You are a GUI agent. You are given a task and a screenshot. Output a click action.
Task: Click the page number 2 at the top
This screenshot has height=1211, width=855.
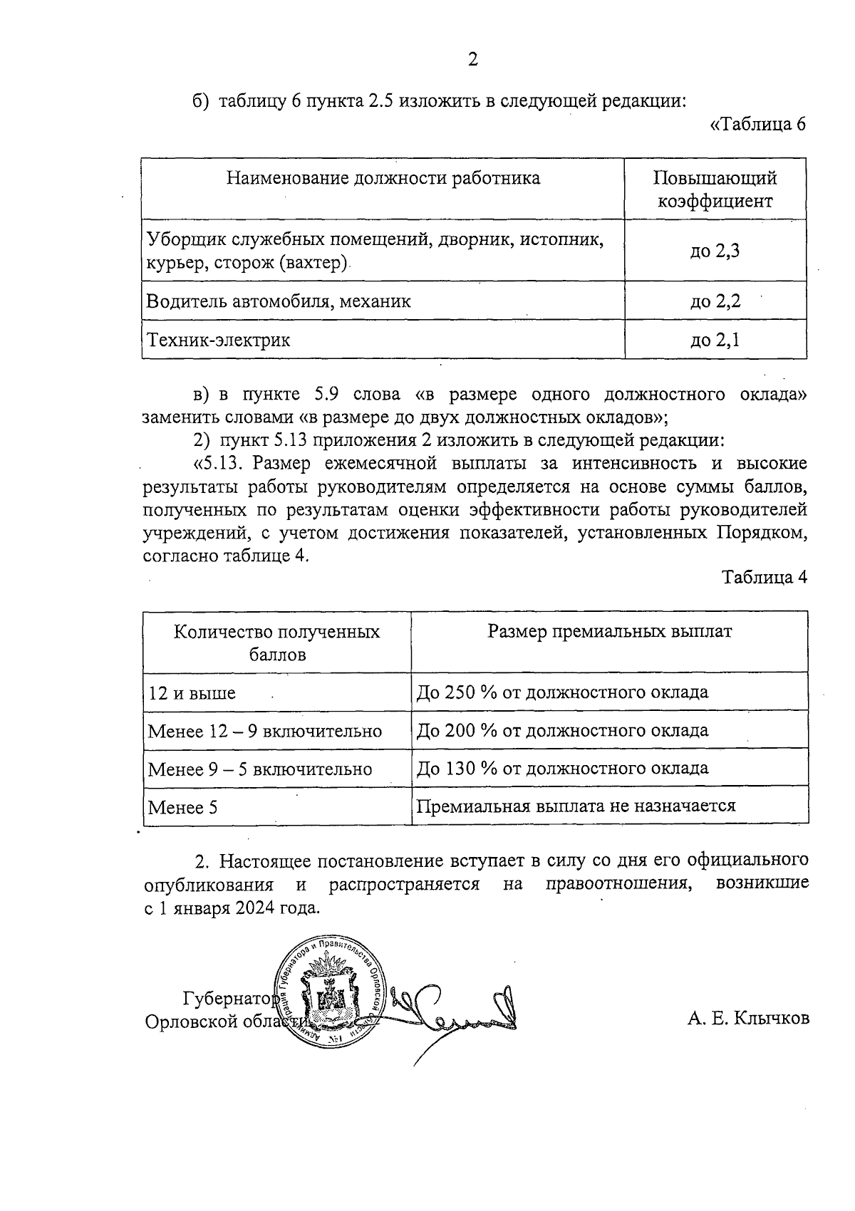coord(472,60)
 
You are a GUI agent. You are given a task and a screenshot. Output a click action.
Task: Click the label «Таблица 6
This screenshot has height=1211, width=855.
coord(758,125)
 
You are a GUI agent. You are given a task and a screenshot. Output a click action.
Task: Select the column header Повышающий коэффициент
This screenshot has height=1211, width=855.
coord(715,189)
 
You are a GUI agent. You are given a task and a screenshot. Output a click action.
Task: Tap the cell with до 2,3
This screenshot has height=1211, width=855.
coord(715,251)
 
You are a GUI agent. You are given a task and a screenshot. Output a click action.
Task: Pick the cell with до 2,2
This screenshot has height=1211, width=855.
coord(715,301)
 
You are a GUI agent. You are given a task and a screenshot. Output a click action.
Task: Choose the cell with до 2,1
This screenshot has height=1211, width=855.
coord(715,340)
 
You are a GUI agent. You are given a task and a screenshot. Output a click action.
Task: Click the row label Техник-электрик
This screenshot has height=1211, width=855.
coord(218,340)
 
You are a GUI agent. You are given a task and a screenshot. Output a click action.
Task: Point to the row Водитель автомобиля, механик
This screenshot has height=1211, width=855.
coord(279,301)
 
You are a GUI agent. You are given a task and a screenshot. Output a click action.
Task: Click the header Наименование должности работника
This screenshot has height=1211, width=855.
coord(383,178)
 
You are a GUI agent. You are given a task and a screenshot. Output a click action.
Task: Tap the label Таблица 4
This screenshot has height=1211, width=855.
coord(765,577)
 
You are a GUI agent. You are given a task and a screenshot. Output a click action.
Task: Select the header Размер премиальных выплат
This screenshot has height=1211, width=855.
coord(609,632)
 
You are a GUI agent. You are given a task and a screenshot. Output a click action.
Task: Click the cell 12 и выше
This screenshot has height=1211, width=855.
coord(192,693)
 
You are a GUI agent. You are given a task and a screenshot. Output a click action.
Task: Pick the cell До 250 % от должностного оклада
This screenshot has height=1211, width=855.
coord(562,692)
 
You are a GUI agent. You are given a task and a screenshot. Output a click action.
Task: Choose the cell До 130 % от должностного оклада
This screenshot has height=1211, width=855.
coord(562,769)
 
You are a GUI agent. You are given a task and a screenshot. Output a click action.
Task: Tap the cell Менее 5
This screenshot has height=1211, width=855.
coord(182,808)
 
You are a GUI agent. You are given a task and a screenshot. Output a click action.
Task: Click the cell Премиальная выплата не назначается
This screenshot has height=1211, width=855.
coord(575,806)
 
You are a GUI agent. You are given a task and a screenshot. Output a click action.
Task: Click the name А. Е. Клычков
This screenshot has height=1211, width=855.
coord(748,1019)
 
